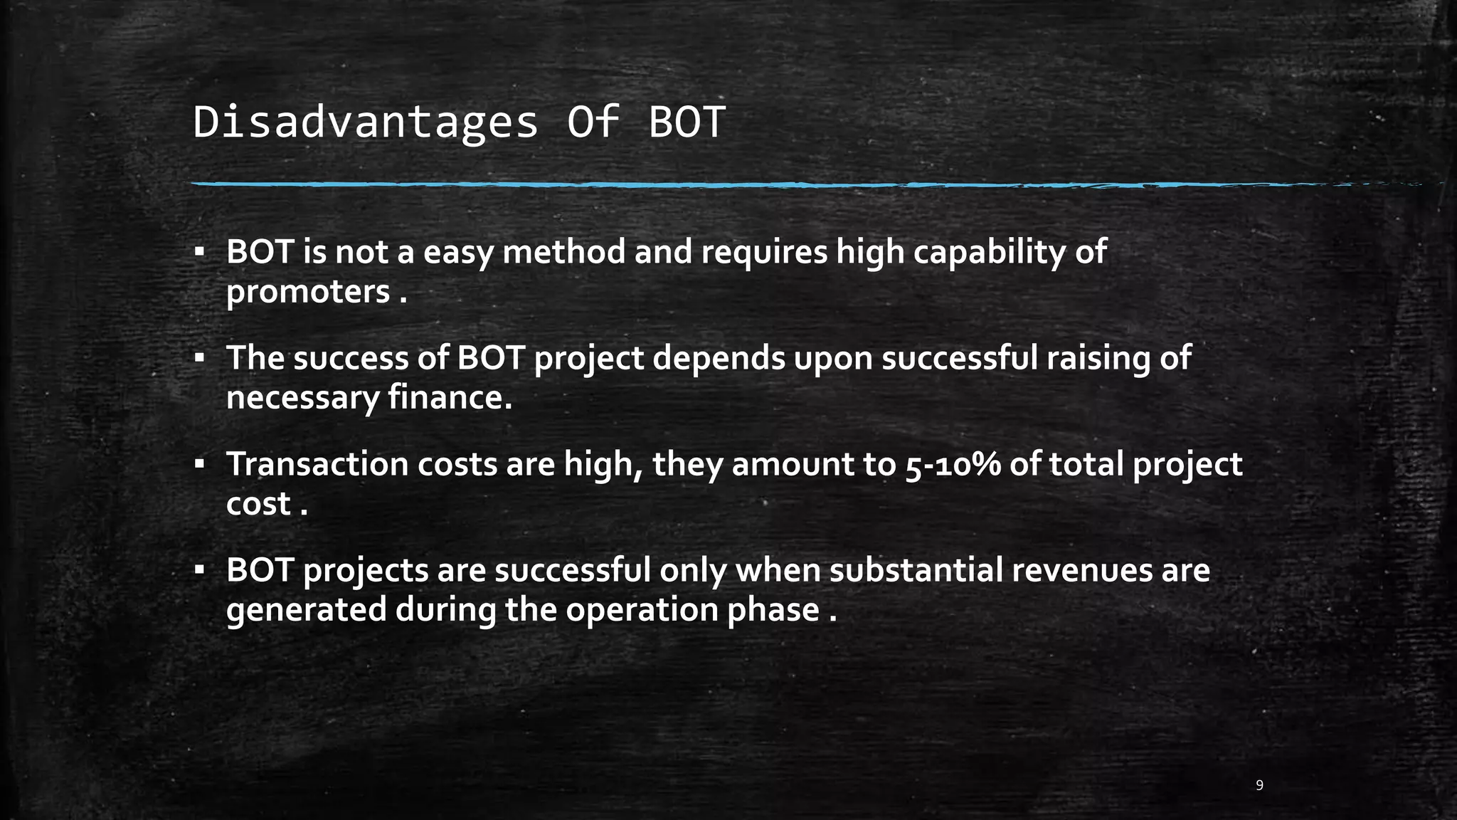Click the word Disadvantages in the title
pyautogui.click(x=365, y=122)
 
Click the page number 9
pyautogui.click(x=1260, y=785)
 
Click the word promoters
pyautogui.click(x=308, y=292)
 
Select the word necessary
pyautogui.click(x=302, y=399)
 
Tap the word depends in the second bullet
pyautogui.click(x=719, y=359)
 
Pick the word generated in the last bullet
pyautogui.click(x=306, y=611)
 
